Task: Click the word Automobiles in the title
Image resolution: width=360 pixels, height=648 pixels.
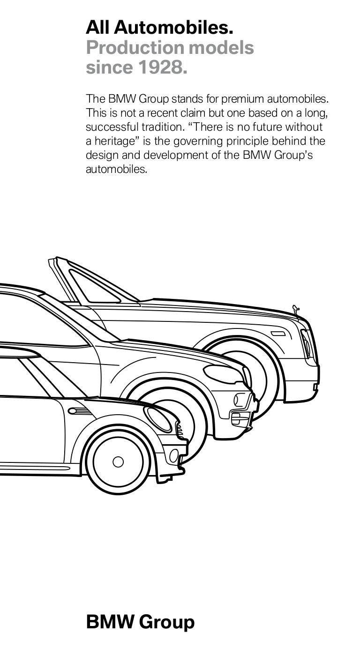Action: tap(173, 28)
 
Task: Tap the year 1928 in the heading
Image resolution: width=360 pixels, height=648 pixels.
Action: tap(163, 67)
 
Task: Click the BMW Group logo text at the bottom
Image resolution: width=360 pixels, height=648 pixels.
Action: tap(140, 622)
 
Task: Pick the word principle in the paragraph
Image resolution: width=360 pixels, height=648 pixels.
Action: tap(247, 141)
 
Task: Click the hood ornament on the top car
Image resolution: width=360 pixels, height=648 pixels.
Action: tap(296, 309)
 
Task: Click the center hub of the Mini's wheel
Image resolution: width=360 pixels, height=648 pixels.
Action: tap(118, 462)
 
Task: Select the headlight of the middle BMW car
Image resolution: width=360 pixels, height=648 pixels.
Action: tap(223, 373)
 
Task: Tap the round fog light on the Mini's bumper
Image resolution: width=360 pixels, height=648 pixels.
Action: tap(174, 455)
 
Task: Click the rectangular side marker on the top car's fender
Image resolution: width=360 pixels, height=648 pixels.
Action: tap(278, 334)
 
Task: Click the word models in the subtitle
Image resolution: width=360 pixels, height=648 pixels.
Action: tap(221, 47)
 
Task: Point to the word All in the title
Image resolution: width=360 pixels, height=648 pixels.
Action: tap(97, 28)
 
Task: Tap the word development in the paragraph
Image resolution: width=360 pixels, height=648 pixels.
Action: tap(176, 156)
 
